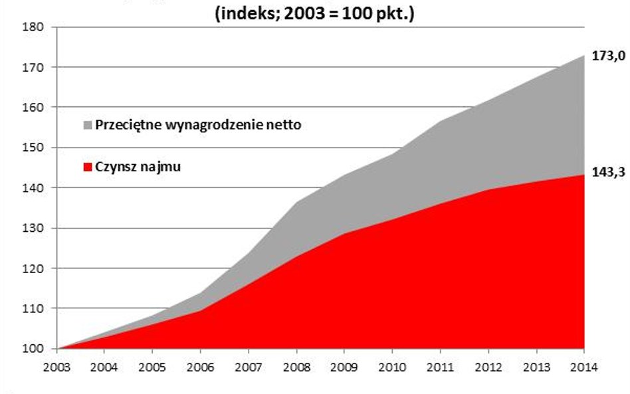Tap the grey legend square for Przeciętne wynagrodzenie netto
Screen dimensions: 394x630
click(x=88, y=125)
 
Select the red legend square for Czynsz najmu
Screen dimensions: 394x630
click(x=88, y=167)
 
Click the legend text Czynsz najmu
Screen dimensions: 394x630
click(x=138, y=167)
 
